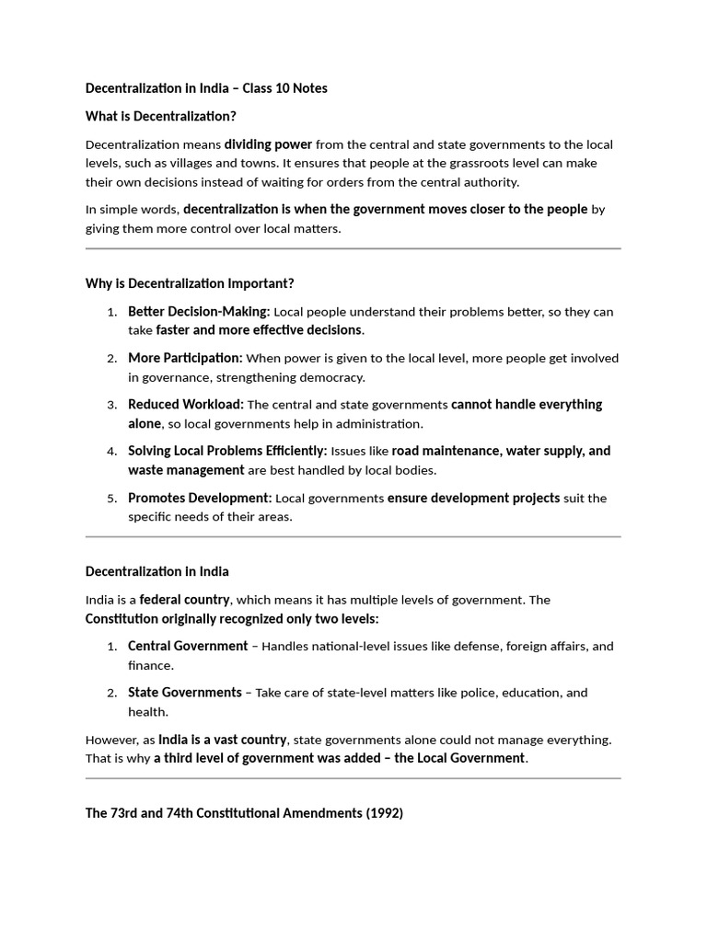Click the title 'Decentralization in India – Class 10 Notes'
coord(206,88)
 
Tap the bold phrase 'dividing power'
coord(268,144)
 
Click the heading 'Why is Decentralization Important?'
coord(190,283)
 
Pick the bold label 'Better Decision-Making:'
coord(199,312)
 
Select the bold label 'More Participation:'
coord(185,358)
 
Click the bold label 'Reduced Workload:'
coord(185,405)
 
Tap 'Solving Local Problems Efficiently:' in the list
coord(227,451)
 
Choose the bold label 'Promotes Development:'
coord(200,498)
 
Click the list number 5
coord(111,499)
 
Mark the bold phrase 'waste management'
coord(186,470)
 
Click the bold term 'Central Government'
coord(188,647)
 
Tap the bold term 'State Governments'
coord(185,693)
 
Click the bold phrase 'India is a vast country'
coord(223,740)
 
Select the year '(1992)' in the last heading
coord(383,814)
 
